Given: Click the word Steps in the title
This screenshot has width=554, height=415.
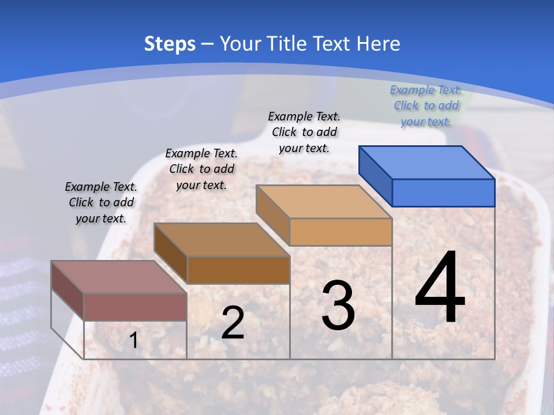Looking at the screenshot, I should [170, 44].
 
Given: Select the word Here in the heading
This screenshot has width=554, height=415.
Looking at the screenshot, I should [379, 44].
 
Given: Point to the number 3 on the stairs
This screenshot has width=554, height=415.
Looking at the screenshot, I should [338, 305].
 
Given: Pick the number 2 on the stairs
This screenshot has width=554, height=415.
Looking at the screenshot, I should [233, 323].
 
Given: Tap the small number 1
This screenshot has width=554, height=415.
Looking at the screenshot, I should [133, 341].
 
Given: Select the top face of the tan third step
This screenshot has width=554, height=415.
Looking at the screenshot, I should [324, 202].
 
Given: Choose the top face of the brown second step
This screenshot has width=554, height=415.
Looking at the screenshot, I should [222, 240].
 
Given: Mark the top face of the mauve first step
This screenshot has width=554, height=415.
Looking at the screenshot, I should [119, 277].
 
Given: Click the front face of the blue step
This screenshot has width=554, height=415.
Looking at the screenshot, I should [443, 193].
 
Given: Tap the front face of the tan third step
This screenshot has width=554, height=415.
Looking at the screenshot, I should [340, 232].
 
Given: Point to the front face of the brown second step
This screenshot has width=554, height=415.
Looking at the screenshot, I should [238, 270].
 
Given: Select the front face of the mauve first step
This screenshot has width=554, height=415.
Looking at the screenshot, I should [135, 307].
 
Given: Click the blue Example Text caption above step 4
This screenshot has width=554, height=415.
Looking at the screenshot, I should [426, 105].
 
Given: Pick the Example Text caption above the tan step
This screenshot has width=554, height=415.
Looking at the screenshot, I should [304, 132].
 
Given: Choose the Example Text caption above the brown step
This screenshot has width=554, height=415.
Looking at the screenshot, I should [201, 169].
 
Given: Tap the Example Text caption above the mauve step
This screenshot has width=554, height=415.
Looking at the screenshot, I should [101, 202].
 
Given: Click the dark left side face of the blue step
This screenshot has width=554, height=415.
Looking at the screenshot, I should [375, 176].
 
